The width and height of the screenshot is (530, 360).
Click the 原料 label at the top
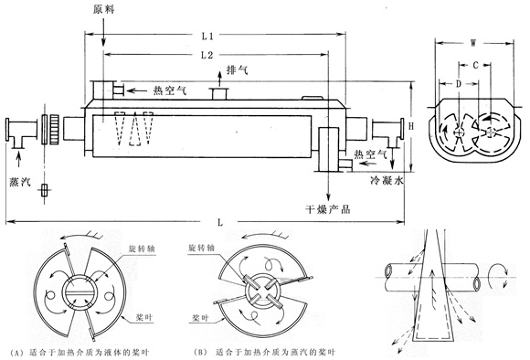point(104,9)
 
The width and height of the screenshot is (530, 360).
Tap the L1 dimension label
point(207,36)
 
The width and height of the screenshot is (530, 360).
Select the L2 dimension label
point(207,55)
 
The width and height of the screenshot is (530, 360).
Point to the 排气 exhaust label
point(238,70)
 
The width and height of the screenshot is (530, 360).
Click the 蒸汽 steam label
point(20,182)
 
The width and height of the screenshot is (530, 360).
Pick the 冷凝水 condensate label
point(387,181)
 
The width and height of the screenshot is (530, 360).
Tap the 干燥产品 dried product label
point(328,209)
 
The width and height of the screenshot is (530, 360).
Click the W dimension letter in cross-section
point(474,43)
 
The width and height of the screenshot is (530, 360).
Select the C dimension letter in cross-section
point(475,65)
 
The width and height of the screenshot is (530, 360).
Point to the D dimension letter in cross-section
point(459,84)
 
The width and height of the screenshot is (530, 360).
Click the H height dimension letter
point(411,126)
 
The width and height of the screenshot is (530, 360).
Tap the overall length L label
point(220,222)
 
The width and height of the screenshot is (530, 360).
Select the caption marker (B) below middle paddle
point(200,353)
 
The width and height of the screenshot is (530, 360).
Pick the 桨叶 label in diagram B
point(200,318)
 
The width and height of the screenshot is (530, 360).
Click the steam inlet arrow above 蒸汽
point(18,160)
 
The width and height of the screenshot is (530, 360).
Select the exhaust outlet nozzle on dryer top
point(219,93)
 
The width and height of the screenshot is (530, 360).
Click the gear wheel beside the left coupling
point(55,130)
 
